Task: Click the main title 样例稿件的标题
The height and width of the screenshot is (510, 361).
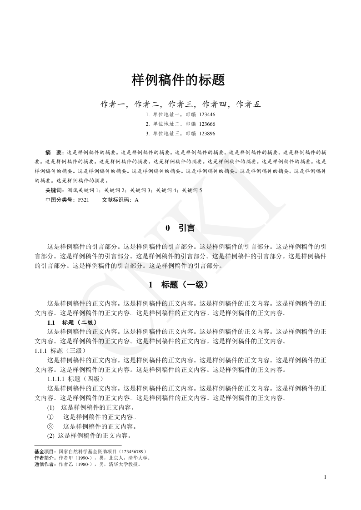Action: [178, 80]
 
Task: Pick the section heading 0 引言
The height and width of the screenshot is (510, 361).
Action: [180, 228]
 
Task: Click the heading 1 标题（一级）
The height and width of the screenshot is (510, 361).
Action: [178, 285]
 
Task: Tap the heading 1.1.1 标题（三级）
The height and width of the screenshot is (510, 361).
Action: [60, 351]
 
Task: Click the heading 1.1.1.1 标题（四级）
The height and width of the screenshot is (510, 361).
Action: [76, 379]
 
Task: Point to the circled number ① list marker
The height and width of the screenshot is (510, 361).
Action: [50, 416]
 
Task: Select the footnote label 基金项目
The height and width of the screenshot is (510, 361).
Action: [46, 452]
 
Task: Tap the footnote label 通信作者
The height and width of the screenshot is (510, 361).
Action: [46, 464]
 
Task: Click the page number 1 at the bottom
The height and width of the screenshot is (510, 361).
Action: [325, 477]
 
